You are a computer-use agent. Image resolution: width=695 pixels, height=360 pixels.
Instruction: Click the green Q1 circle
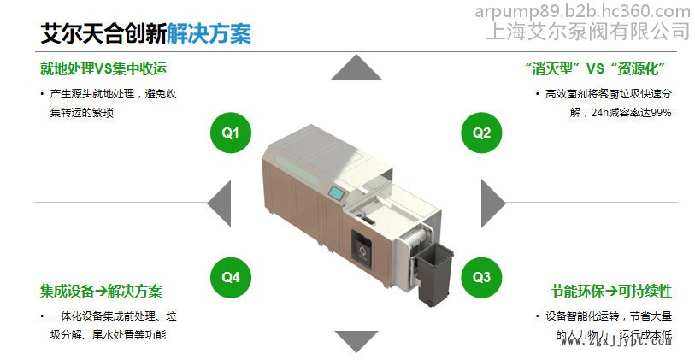[231, 133]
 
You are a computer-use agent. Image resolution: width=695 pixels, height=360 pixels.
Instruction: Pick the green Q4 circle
[231, 276]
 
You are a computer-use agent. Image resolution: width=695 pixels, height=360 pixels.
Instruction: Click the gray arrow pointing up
[356, 68]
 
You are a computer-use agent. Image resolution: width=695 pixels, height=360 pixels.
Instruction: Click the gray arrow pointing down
[356, 340]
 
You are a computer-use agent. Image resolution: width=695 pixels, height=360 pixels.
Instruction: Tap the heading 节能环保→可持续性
[610, 291]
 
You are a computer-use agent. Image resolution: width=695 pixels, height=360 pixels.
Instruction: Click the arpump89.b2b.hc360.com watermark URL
[582, 11]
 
